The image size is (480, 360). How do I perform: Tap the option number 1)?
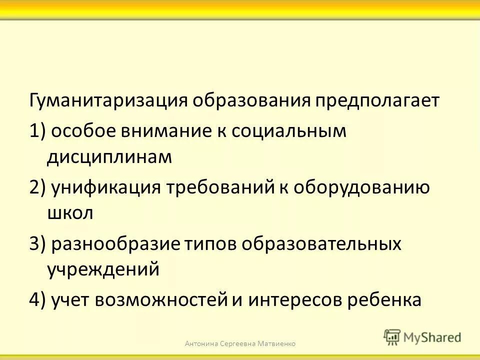pyautogui.click(x=38, y=131)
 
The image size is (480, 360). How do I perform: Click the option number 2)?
pyautogui.click(x=38, y=188)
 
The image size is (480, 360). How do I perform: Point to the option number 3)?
pyautogui.click(x=38, y=244)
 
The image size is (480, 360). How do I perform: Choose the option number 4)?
pyautogui.click(x=38, y=300)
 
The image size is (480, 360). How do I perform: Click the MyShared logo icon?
pyautogui.click(x=392, y=337)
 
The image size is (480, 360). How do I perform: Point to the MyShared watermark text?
pyautogui.click(x=432, y=337)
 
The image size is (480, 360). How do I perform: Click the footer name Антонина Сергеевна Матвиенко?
pyautogui.click(x=240, y=343)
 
